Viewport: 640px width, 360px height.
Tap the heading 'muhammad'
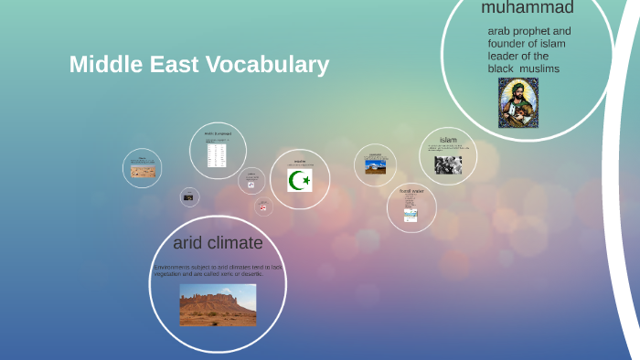(x=528, y=9)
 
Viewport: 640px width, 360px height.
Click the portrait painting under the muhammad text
(x=518, y=102)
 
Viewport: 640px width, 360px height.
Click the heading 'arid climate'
(x=218, y=243)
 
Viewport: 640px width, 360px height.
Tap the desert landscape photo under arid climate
(x=218, y=305)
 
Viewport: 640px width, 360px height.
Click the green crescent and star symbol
(x=300, y=181)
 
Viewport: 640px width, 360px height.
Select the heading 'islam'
(x=448, y=140)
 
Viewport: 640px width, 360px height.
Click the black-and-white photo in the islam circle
(x=448, y=164)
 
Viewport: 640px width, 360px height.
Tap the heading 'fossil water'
(x=411, y=191)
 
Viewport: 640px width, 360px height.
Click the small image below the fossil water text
(x=411, y=215)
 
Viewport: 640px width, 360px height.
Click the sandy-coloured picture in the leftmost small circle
(x=143, y=171)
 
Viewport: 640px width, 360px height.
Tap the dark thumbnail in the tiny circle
(x=189, y=197)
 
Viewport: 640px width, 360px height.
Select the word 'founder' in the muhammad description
(x=508, y=43)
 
